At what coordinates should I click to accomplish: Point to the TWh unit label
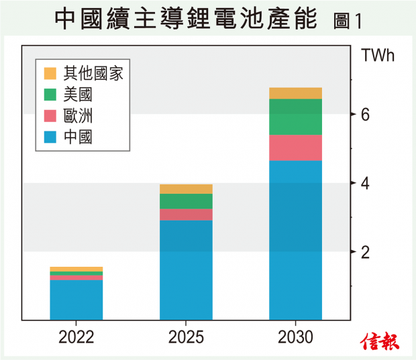(378, 55)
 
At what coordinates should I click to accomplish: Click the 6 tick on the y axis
(365, 115)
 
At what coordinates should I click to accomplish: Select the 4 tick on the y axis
(365, 183)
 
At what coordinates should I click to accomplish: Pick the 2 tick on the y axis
(365, 252)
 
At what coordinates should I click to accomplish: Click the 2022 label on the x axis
(76, 337)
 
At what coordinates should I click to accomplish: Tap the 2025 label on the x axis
(186, 337)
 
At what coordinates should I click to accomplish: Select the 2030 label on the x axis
(295, 337)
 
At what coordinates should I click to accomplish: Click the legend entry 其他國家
(93, 73)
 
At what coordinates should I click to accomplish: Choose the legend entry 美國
(78, 95)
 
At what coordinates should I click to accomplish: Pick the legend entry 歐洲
(78, 116)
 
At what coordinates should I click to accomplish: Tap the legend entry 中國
(78, 138)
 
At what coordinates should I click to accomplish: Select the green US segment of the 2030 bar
(295, 117)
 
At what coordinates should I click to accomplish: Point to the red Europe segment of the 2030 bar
(295, 147)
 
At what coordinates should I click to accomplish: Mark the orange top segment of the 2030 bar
(295, 93)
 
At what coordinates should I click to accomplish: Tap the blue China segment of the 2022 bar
(76, 300)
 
